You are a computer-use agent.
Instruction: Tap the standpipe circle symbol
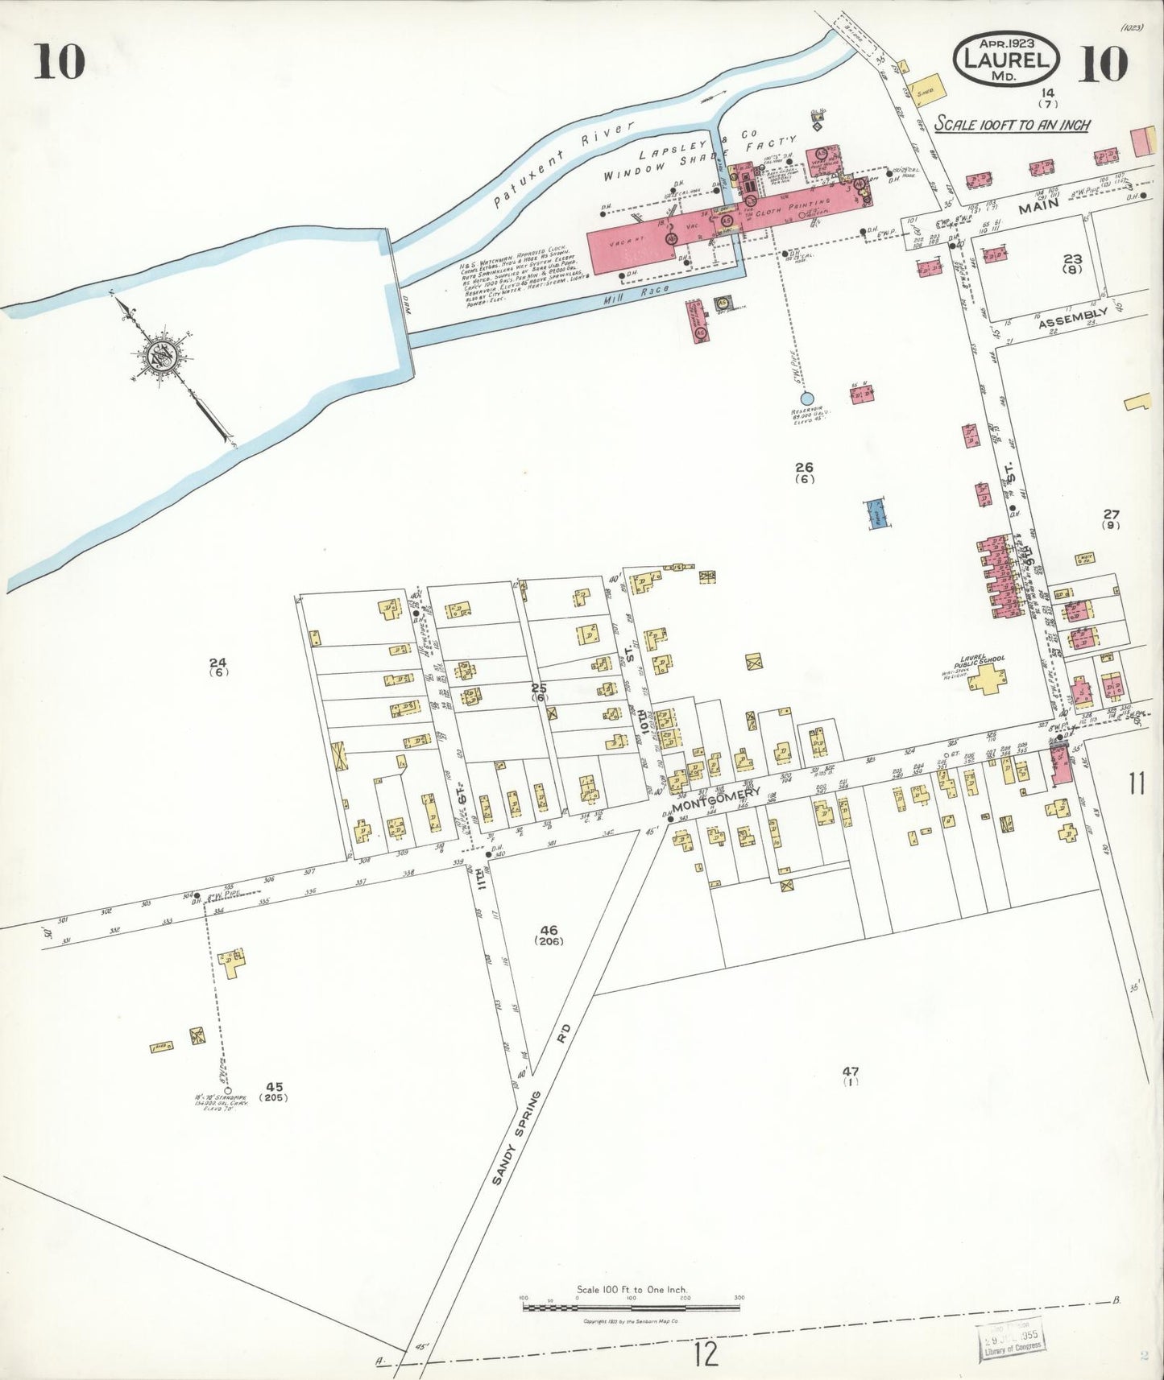(x=228, y=1093)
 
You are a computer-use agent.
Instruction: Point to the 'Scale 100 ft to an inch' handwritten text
(x=1013, y=125)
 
